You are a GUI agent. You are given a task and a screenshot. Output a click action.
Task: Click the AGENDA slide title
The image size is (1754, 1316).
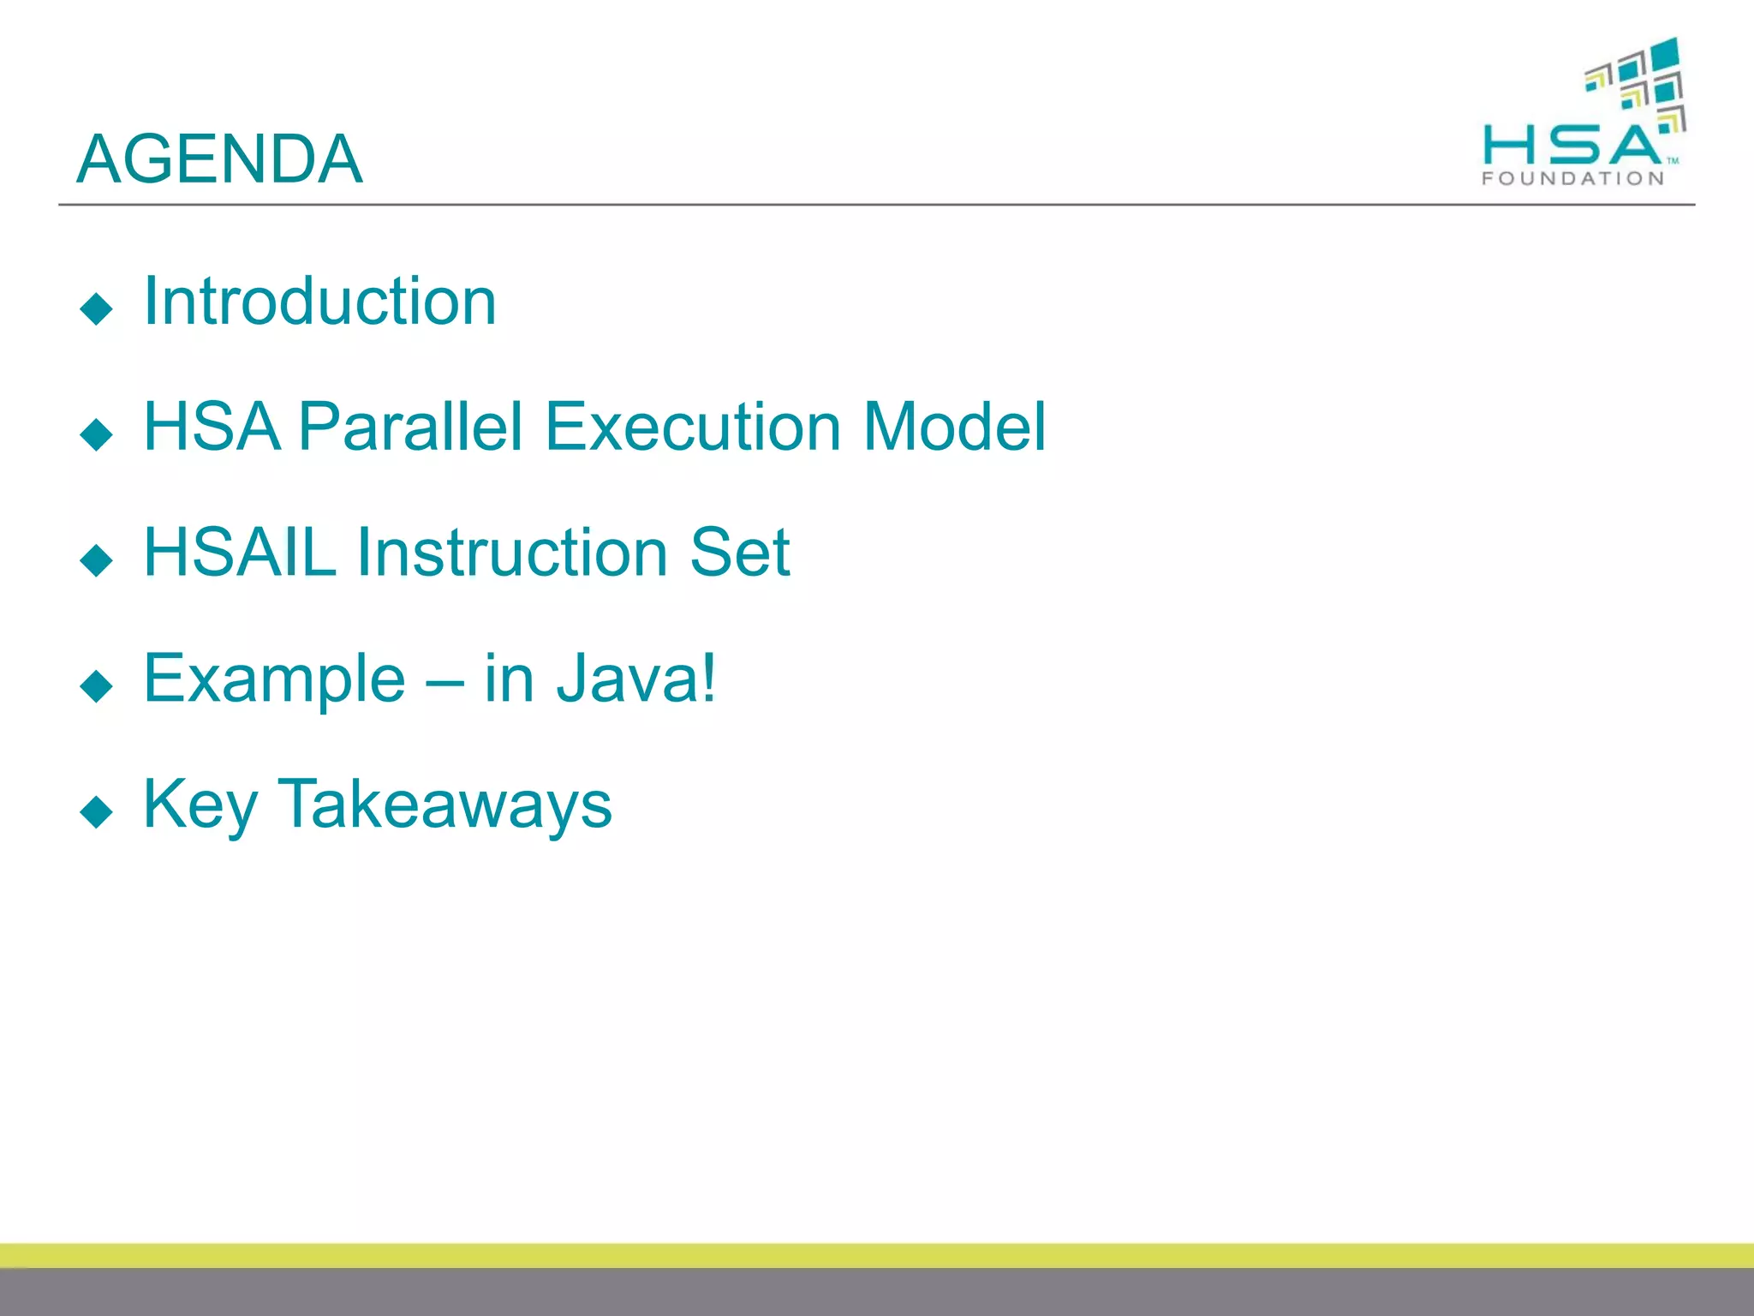219,159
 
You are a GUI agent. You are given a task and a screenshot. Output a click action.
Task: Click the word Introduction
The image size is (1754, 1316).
319,302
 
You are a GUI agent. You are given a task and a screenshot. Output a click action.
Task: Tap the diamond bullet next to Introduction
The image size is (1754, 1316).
96,308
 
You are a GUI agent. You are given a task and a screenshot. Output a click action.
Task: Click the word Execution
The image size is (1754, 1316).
693,427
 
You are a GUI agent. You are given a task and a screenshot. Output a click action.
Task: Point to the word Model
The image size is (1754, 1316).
954,427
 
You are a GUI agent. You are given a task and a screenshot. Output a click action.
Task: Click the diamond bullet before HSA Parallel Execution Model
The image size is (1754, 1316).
96,434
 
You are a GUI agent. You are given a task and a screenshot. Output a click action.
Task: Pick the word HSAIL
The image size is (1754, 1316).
240,553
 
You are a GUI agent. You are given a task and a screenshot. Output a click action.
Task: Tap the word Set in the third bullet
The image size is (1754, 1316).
739,553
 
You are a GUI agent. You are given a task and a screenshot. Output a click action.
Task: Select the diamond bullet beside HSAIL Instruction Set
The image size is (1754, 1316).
96,560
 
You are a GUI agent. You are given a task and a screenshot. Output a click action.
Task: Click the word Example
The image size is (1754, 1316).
274,679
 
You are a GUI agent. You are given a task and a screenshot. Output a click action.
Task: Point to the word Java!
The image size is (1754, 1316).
636,679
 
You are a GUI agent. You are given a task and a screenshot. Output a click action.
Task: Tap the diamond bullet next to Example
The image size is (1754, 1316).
96,686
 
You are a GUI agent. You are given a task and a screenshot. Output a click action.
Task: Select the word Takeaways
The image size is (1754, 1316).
444,805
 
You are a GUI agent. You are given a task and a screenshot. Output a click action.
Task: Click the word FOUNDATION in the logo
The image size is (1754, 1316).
1572,178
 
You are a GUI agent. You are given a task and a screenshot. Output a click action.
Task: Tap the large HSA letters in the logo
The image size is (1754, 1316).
1571,145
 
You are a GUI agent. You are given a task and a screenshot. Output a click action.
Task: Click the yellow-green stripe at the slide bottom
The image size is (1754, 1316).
877,1255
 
